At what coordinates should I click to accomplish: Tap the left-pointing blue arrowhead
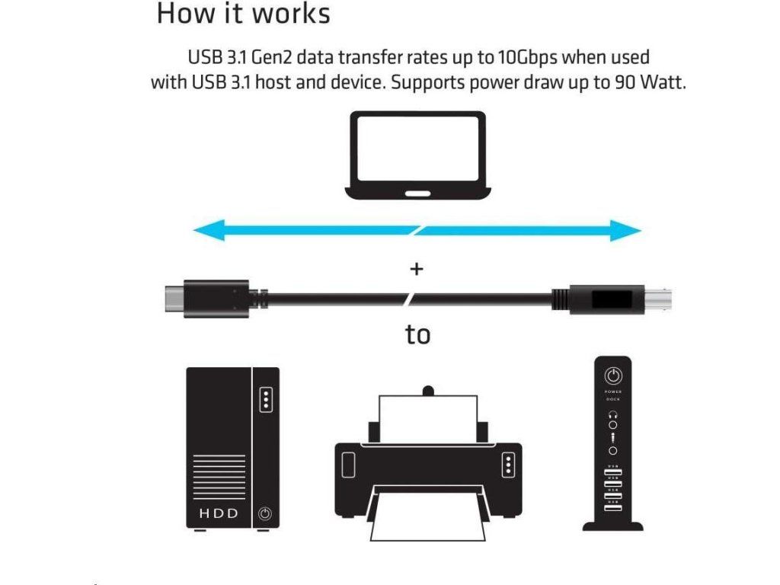[204, 229]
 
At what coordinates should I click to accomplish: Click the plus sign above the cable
[417, 269]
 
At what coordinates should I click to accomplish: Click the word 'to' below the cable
[417, 334]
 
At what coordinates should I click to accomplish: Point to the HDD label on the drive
[219, 513]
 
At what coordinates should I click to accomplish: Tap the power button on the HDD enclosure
[264, 513]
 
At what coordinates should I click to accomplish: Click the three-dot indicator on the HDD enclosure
[265, 399]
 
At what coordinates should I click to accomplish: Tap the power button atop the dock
[613, 376]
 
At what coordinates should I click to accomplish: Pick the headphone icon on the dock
[613, 415]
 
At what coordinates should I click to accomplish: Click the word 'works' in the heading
[287, 14]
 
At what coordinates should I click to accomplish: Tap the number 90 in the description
[622, 82]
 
